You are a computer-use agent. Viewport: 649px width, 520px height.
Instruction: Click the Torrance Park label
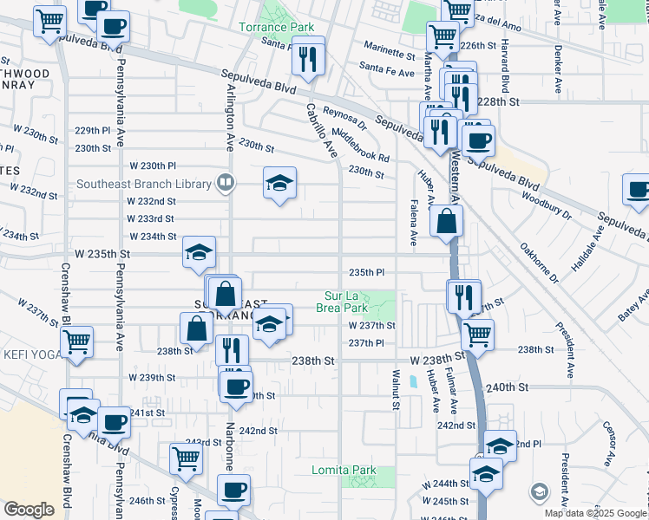click(277, 27)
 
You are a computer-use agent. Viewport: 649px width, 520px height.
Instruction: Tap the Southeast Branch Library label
click(144, 184)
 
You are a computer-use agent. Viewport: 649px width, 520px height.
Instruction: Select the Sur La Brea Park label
click(346, 301)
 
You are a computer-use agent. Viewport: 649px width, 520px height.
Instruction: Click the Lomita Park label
click(344, 471)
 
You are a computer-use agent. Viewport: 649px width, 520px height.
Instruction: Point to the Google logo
click(28, 510)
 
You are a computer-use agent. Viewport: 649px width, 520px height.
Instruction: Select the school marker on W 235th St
click(199, 253)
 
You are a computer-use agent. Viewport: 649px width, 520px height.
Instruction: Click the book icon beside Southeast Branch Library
click(225, 183)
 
